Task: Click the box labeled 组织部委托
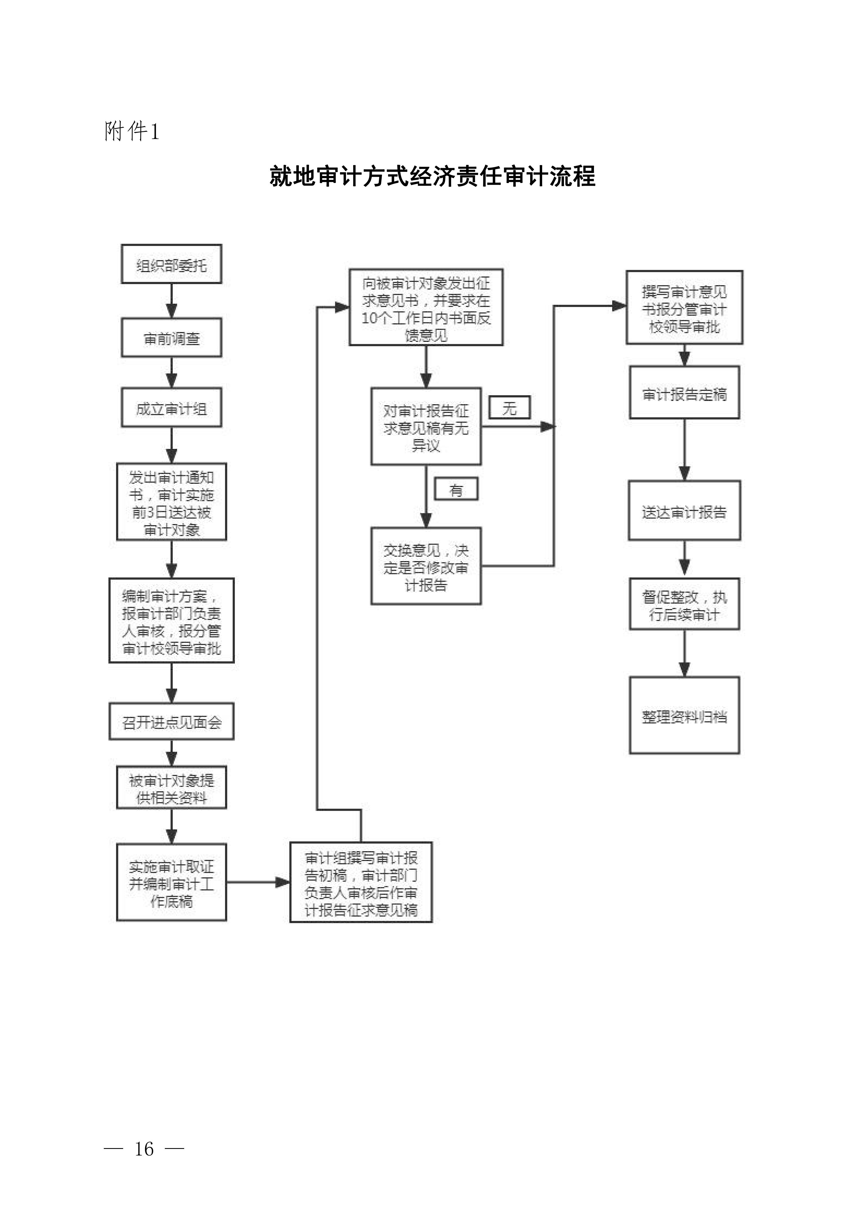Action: (172, 264)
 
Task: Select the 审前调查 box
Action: (172, 338)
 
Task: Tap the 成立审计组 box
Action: (172, 407)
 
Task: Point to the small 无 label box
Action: (510, 407)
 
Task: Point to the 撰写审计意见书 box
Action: (684, 307)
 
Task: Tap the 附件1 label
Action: (132, 131)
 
